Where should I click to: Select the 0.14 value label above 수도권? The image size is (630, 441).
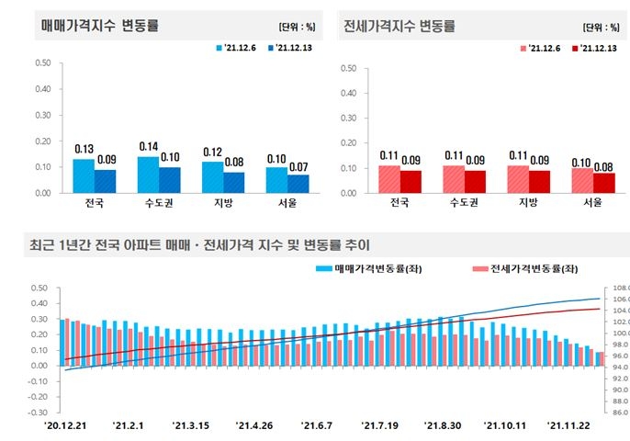click(x=148, y=147)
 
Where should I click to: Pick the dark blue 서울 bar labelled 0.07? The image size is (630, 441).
click(x=297, y=184)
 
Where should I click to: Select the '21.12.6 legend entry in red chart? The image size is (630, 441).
click(x=542, y=47)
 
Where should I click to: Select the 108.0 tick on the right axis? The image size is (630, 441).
click(x=617, y=288)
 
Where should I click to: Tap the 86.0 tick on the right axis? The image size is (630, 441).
click(x=617, y=413)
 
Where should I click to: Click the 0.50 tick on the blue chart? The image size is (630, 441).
click(x=43, y=63)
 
